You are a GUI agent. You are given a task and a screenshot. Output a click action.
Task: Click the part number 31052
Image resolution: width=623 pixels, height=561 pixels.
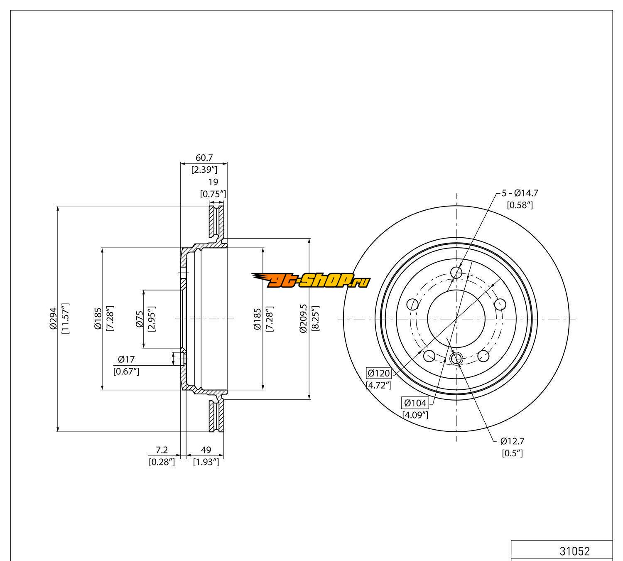[x=574, y=551]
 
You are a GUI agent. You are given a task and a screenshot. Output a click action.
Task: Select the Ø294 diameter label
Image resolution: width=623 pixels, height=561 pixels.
[x=53, y=319]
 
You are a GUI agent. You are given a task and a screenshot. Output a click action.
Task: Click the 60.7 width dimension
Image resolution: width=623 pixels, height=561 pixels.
[x=204, y=158]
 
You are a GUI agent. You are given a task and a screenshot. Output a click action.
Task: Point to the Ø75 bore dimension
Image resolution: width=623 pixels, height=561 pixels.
[x=140, y=319]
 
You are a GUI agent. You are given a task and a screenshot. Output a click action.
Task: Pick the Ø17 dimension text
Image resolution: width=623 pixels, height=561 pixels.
[x=126, y=359]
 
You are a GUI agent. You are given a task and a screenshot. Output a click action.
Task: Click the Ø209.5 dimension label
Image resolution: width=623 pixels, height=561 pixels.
[x=303, y=318]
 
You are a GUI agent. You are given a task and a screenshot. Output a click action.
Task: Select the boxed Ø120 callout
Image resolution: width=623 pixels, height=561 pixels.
[x=378, y=373]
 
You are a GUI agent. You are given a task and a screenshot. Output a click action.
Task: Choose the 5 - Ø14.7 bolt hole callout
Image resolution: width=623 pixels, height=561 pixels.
[x=520, y=193]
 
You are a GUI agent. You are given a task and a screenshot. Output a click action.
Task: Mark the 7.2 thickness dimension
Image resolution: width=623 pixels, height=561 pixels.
[x=162, y=450]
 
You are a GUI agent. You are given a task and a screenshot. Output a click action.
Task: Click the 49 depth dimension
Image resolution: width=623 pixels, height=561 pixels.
[x=206, y=450]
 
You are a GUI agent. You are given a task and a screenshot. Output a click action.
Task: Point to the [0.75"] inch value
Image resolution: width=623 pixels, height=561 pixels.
[x=213, y=194]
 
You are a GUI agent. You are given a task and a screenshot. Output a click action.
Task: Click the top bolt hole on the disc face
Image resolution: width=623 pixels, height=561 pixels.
[x=456, y=273]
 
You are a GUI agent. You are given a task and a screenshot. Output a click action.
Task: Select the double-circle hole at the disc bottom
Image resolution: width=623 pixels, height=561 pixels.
[x=456, y=358]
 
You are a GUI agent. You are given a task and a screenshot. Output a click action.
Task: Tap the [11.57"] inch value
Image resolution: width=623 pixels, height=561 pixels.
[x=65, y=319]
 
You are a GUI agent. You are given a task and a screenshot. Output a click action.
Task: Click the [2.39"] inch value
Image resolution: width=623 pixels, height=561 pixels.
[x=204, y=170]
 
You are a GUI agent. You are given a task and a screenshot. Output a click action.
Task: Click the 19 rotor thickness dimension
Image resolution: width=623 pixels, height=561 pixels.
[x=213, y=182]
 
